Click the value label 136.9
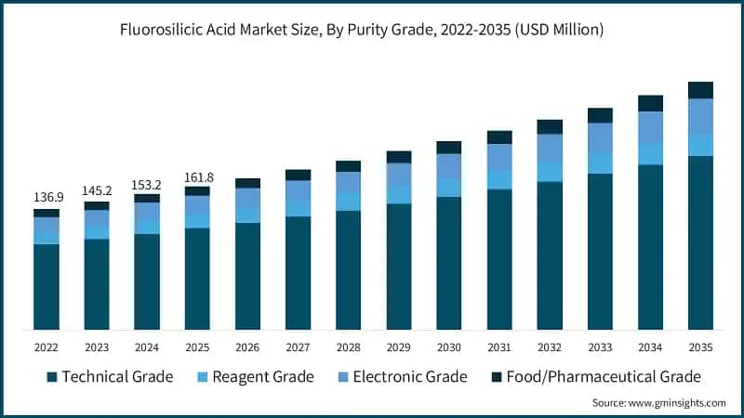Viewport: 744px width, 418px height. (46, 198)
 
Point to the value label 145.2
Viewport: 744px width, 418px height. (97, 189)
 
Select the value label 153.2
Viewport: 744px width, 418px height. (147, 183)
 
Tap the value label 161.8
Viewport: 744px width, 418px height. (197, 176)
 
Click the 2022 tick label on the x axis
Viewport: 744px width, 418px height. (46, 346)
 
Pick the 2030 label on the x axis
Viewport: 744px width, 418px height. (449, 346)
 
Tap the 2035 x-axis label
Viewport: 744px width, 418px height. (700, 346)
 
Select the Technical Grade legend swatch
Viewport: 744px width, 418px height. (52, 377)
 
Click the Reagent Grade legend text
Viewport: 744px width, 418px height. (262, 377)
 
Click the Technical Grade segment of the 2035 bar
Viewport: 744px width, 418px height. (700, 242)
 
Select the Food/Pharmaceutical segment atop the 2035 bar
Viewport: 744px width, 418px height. (700, 90)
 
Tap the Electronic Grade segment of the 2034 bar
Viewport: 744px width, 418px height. (650, 127)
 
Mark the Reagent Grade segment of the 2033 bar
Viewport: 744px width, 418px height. (600, 163)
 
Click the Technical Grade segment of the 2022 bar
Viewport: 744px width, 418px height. (46, 287)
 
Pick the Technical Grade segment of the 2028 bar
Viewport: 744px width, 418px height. (348, 270)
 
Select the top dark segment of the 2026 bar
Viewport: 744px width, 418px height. (247, 183)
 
